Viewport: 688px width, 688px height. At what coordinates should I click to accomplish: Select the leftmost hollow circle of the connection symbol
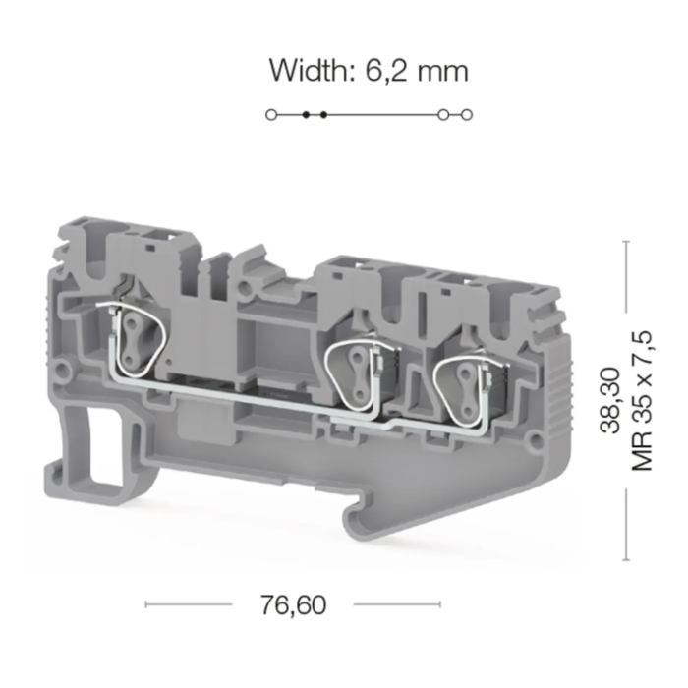[271, 115]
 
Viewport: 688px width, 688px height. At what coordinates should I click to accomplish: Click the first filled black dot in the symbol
[307, 115]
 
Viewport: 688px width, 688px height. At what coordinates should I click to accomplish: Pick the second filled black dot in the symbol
[323, 115]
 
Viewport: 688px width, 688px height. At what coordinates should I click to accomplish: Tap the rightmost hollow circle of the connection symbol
[467, 115]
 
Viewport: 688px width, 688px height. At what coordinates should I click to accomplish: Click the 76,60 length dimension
[294, 604]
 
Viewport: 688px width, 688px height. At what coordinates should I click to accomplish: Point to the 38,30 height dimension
[610, 400]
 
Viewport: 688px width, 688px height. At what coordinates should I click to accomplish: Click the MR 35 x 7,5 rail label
[643, 401]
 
